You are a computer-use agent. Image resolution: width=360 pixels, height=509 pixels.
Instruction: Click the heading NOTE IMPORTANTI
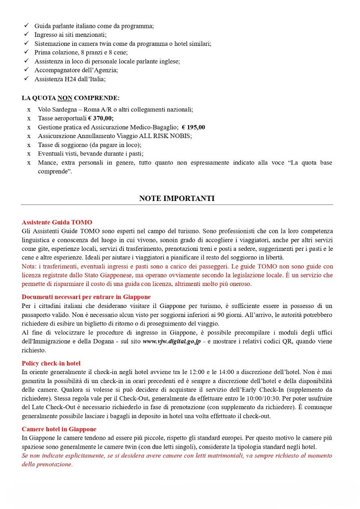pos(177,198)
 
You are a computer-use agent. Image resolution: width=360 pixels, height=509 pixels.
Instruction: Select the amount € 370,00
pos(101,118)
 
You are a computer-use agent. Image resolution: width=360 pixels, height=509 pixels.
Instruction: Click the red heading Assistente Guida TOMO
pos(57,222)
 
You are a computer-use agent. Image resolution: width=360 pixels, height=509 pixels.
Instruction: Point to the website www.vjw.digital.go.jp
pos(171,342)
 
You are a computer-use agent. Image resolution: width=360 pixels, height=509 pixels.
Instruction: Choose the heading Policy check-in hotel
pos(51,363)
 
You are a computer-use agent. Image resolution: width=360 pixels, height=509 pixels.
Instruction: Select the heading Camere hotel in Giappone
pos(59,429)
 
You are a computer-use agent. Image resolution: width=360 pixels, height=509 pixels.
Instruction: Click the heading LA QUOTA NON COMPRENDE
pos(71,98)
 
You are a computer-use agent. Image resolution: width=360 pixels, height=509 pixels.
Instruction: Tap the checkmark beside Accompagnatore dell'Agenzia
pos(26,70)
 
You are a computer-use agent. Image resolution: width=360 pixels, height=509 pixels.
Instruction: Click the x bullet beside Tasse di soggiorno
pos(29,145)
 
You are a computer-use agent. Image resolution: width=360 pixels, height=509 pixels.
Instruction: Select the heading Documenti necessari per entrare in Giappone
pos(86,297)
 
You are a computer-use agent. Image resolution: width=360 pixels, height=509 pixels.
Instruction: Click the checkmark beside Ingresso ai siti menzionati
pos(26,35)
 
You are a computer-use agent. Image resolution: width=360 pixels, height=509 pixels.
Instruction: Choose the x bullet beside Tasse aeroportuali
pos(29,118)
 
